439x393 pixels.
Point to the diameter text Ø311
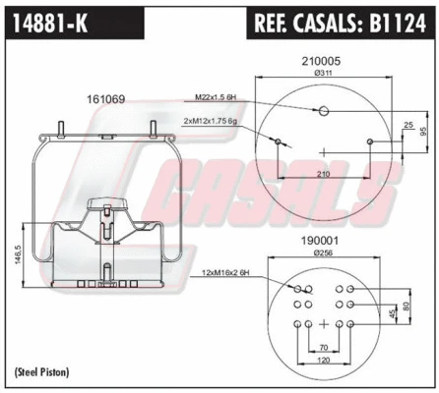[323, 72]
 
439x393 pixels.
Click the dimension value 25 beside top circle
[408, 126]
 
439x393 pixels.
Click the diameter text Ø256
[323, 253]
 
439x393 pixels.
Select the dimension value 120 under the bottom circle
[323, 362]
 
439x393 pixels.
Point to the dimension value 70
[323, 347]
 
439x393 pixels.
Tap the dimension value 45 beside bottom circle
[393, 314]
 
